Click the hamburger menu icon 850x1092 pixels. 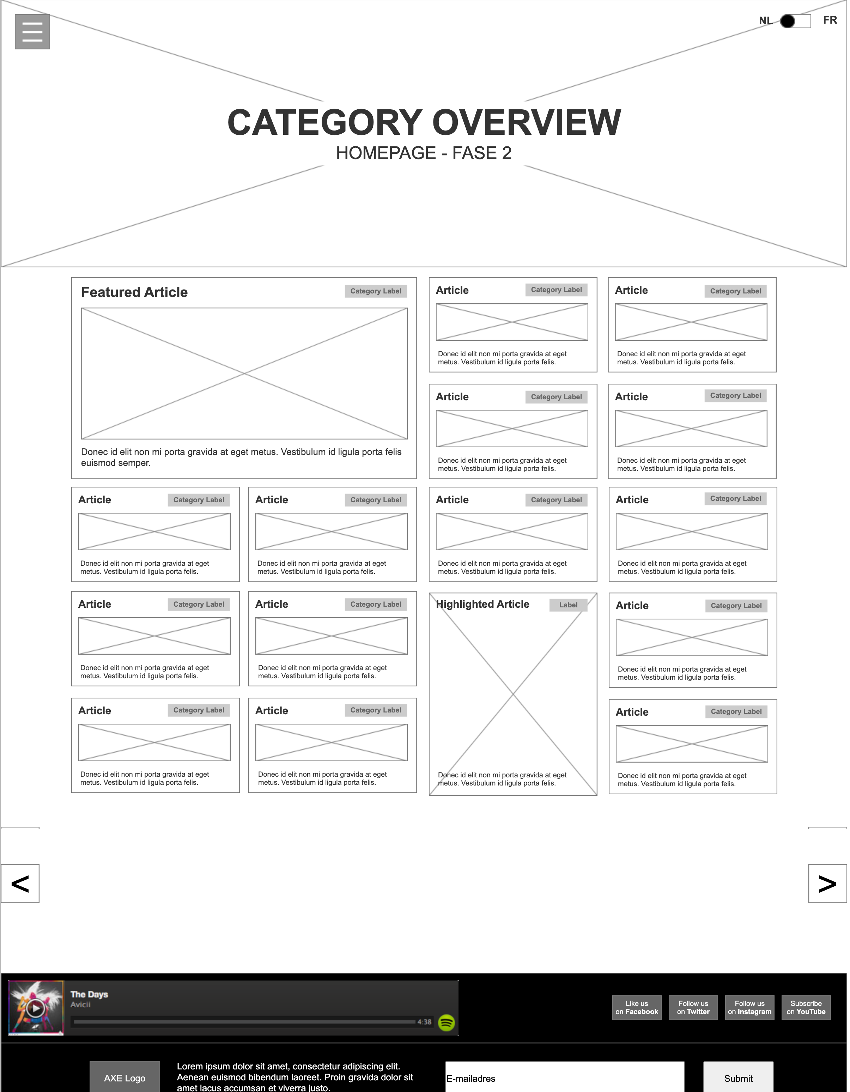click(32, 31)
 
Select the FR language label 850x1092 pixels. click(830, 20)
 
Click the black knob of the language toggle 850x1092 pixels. click(788, 21)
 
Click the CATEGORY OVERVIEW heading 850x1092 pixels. click(424, 122)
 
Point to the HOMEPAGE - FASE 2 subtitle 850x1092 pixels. click(424, 153)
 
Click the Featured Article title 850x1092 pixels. click(134, 292)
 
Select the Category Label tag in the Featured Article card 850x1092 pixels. click(376, 291)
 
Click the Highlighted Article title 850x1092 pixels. click(482, 604)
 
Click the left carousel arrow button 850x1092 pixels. click(20, 884)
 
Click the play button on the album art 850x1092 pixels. click(35, 1008)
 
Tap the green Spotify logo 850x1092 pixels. click(446, 1023)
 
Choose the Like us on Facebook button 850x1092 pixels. click(637, 1007)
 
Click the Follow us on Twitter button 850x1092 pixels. click(693, 1007)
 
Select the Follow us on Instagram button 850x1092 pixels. click(749, 1007)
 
